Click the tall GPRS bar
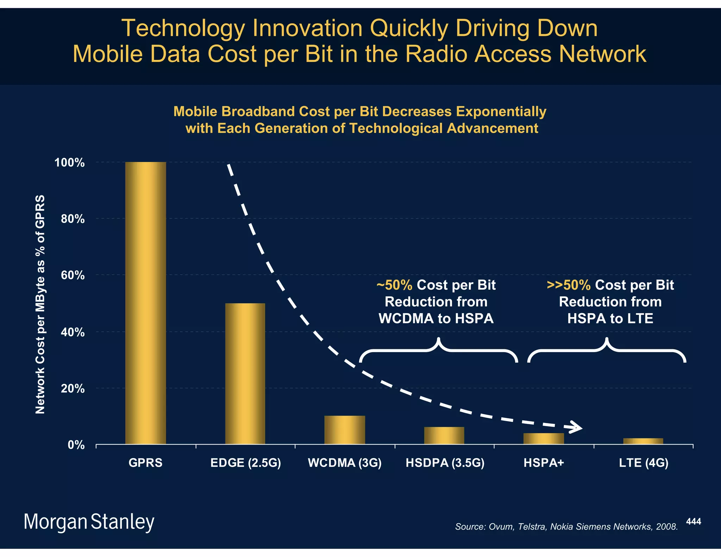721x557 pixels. coord(145,303)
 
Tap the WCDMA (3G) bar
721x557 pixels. coord(345,430)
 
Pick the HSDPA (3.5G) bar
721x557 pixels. coord(444,436)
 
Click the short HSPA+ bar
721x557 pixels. coord(544,439)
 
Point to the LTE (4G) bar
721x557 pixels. coord(643,441)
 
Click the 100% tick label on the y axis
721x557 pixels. coord(69,163)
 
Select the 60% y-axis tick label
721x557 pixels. coord(73,275)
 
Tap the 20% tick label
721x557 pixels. coord(73,389)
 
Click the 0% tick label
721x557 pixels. coord(76,445)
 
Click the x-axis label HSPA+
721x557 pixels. coord(544,463)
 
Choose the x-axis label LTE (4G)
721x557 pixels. coord(644,463)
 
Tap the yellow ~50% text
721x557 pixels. coord(394,285)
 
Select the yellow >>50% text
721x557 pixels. coord(569,285)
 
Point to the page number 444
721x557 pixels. coord(694,521)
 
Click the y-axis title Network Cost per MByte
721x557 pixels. coord(40,304)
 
